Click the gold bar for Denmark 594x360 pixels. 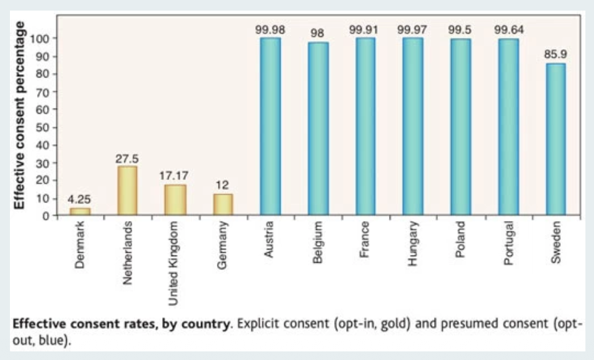click(80, 212)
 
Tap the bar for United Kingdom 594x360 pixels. click(175, 200)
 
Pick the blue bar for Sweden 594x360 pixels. click(556, 139)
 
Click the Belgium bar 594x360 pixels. click(318, 128)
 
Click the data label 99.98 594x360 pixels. click(270, 30)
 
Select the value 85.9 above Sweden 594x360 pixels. click(556, 55)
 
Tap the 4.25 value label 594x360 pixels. click(80, 200)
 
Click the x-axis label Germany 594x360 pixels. click(223, 245)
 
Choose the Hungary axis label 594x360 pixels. click(413, 244)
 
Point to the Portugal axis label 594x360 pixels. click(508, 244)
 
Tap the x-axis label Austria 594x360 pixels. click(270, 241)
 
